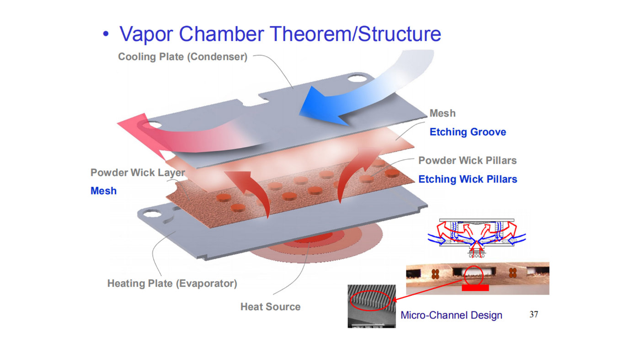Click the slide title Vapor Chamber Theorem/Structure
(280, 34)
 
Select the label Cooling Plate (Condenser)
(182, 57)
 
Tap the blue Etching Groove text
(468, 132)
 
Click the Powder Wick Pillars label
(468, 161)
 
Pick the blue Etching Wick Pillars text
(468, 179)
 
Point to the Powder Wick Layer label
(138, 172)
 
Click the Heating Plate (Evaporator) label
(172, 283)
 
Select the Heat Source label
(270, 306)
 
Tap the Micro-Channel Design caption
(451, 315)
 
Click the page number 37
(533, 314)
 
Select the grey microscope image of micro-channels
(371, 306)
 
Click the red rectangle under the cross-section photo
(475, 288)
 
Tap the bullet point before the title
(106, 35)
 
